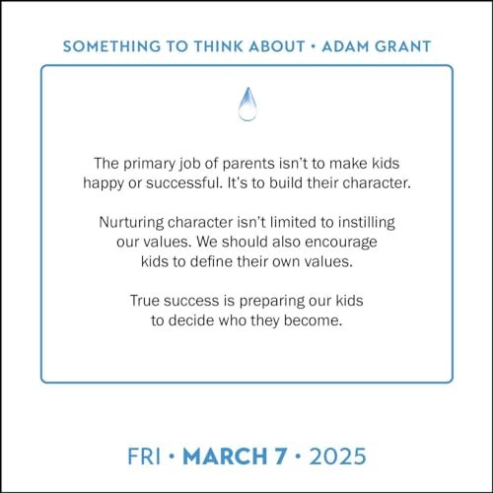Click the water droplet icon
[x=246, y=105]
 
